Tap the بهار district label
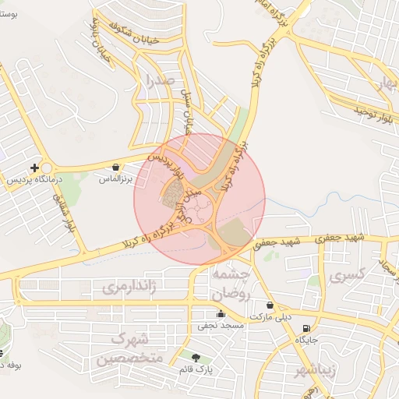coord(387,86)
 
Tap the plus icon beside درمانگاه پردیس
coord(34,168)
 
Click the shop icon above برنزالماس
coord(116,167)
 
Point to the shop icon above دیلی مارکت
coord(270,305)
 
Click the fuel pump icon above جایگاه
coord(305,328)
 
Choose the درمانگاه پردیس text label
coord(26,179)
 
